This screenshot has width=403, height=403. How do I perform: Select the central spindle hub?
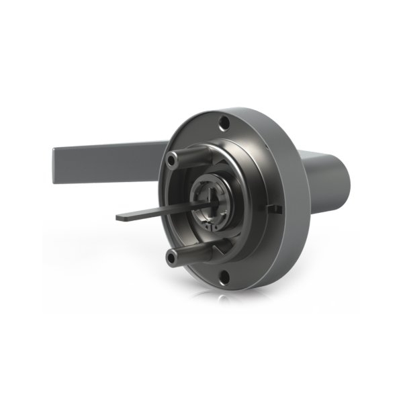(214, 199)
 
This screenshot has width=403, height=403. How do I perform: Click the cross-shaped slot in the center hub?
(212, 199)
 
